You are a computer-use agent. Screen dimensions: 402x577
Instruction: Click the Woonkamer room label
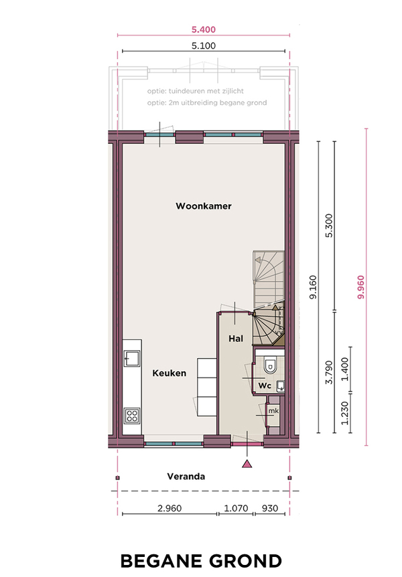point(204,206)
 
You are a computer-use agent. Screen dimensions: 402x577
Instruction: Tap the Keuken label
point(169,373)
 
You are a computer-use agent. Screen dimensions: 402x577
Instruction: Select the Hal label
point(235,339)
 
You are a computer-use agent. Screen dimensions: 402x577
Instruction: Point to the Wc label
point(265,386)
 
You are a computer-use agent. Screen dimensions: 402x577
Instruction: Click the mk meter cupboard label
point(273,411)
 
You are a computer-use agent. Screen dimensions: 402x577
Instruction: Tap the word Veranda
point(186,477)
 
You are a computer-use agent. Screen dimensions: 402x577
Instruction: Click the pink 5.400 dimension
point(204,29)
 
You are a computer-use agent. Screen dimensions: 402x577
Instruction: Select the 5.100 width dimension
point(204,46)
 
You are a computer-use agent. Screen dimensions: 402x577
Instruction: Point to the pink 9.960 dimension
point(360,287)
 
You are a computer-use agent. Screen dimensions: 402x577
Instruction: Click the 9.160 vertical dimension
point(313,287)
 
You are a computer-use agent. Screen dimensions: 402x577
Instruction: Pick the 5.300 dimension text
point(329,226)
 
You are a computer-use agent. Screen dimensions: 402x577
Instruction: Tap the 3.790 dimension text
point(329,372)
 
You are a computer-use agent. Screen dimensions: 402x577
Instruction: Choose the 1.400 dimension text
point(344,369)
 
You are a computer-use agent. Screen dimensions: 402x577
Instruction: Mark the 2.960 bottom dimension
point(170,508)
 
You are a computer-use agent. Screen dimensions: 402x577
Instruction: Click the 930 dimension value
point(270,508)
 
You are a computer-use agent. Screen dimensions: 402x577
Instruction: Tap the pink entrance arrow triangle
point(247,464)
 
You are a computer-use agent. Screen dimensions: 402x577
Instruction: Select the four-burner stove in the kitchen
point(132,416)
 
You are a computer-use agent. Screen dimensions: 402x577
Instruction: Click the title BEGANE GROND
point(201,561)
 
